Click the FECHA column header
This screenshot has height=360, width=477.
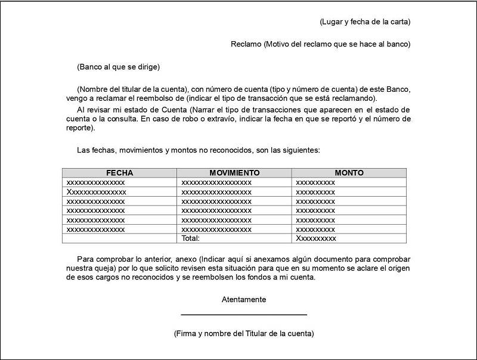tap(119, 173)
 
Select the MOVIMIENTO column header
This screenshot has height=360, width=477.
tap(234, 173)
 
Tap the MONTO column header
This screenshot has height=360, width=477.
tap(349, 173)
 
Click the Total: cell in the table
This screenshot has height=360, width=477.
tap(190, 238)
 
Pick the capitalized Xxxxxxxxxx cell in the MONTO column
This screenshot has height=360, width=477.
tap(316, 238)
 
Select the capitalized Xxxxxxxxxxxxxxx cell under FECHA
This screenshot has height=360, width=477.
tap(97, 192)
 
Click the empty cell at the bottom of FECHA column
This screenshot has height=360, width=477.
tap(119, 238)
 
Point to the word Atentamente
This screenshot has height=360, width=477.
tap(244, 300)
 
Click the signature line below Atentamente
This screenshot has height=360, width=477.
tap(244, 314)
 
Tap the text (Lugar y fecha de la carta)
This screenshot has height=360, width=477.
tap(365, 23)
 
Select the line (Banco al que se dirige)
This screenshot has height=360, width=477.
tap(119, 67)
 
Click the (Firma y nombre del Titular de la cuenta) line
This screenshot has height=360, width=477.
tap(244, 334)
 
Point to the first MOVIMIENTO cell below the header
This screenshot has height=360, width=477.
tap(216, 182)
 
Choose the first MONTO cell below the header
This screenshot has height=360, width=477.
tap(315, 182)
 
